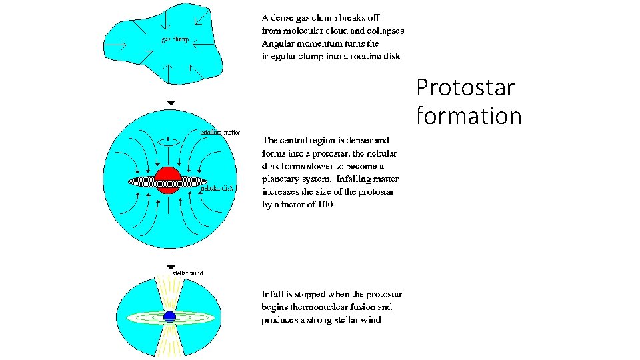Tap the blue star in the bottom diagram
(x=169, y=317)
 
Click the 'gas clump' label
(x=175, y=39)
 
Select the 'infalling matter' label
(x=220, y=132)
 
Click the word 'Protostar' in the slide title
(x=465, y=87)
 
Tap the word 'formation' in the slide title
(x=469, y=116)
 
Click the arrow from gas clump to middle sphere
(x=171, y=95)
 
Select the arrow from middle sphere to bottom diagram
(x=171, y=259)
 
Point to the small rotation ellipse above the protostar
(x=168, y=141)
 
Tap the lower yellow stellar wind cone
(x=171, y=343)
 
